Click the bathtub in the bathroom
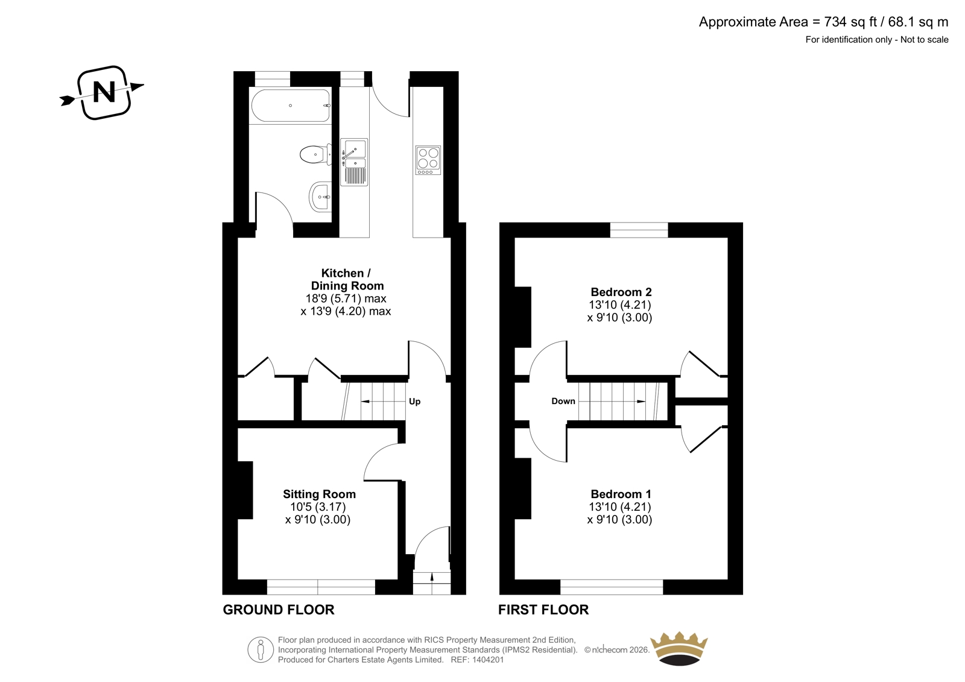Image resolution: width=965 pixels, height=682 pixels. (x=291, y=106)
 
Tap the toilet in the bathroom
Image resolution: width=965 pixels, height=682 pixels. (x=316, y=154)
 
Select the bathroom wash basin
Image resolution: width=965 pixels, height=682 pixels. (x=320, y=197)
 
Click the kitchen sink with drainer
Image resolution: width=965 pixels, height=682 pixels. (x=354, y=162)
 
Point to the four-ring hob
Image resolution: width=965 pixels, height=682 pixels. (x=428, y=160)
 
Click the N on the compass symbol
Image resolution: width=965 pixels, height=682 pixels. (x=104, y=92)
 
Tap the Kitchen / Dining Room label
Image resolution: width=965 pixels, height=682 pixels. (x=347, y=279)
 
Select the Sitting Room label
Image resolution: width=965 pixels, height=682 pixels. (x=319, y=494)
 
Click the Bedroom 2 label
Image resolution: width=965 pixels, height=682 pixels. (x=621, y=292)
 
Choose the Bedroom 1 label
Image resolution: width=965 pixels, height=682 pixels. (x=621, y=494)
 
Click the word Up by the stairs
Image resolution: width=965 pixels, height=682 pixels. (x=414, y=402)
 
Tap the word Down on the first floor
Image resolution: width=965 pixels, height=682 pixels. (x=563, y=401)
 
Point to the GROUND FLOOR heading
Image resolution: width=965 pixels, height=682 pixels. (x=279, y=610)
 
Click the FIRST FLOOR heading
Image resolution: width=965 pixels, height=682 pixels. (x=543, y=610)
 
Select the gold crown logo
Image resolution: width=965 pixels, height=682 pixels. (x=679, y=648)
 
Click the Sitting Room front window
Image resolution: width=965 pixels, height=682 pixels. (x=321, y=587)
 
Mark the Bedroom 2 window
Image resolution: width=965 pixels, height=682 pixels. (x=639, y=230)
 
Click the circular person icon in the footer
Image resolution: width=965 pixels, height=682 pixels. (x=260, y=649)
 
